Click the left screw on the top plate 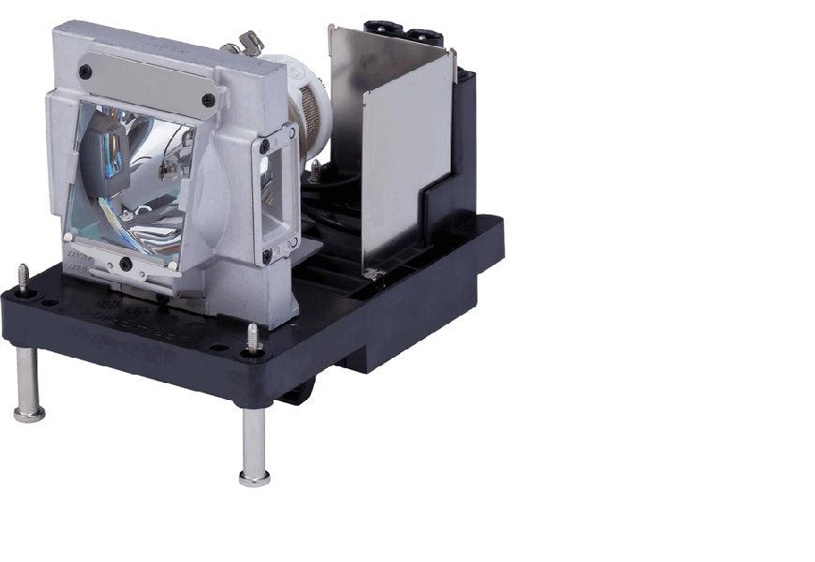click(x=85, y=70)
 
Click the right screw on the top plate click(x=208, y=99)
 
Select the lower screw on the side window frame click(x=268, y=253)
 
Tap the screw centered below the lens click(x=126, y=264)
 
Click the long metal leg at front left click(x=28, y=379)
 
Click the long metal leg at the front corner click(x=254, y=440)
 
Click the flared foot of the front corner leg click(x=254, y=478)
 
